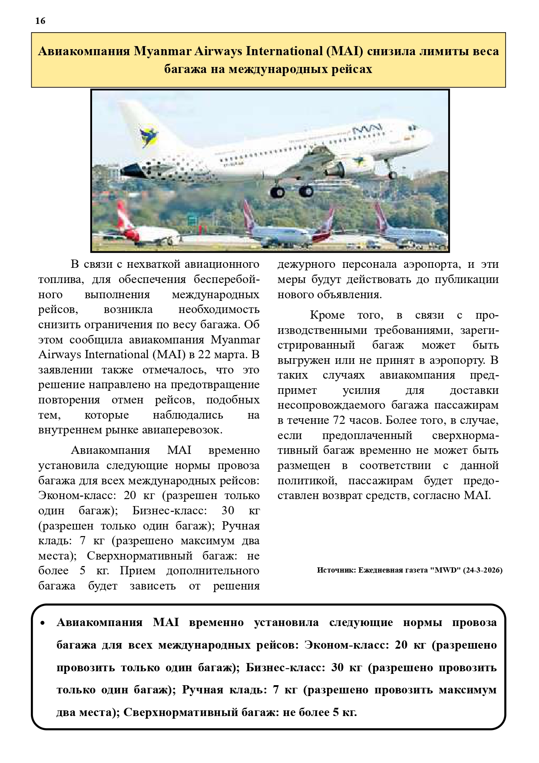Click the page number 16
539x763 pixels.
click(40, 21)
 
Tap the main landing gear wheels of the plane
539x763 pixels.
click(291, 191)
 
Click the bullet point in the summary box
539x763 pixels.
click(43, 623)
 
